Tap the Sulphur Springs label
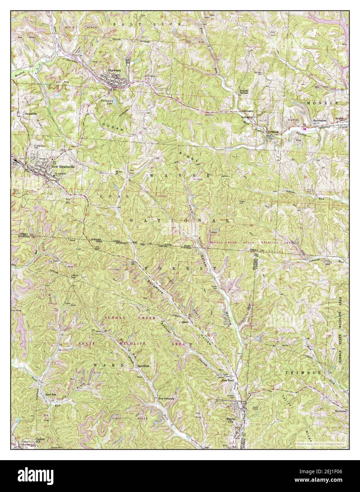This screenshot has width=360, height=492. [246, 102]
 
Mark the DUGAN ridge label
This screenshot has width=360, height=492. [112, 125]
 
